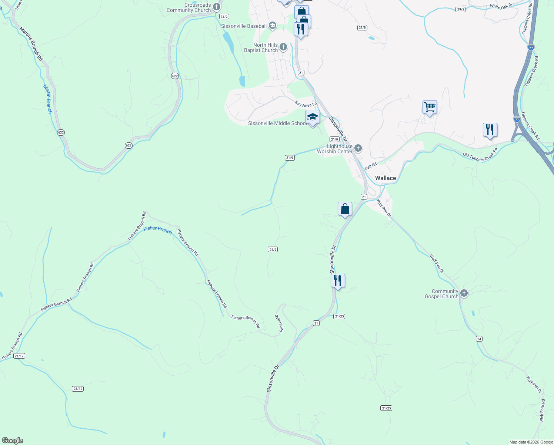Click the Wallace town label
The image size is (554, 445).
tap(386, 178)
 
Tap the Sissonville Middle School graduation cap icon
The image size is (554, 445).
tap(313, 117)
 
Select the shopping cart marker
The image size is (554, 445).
tap(430, 107)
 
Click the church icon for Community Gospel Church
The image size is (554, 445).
tap(464, 294)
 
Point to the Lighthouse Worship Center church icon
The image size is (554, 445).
tap(358, 148)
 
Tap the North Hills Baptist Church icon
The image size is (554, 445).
tap(283, 47)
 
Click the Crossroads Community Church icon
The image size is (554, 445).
tap(217, 7)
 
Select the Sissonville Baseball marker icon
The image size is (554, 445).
tap(273, 26)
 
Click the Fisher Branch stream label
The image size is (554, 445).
tap(158, 230)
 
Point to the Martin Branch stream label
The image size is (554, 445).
tap(48, 99)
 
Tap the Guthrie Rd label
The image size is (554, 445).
tap(279, 323)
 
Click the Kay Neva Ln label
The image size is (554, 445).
tap(306, 104)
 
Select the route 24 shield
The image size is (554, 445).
tap(479, 339)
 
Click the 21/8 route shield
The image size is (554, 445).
tap(362, 27)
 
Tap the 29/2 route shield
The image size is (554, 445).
tap(460, 9)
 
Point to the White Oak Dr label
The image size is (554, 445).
tap(501, 6)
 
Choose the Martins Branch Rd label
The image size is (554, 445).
tap(31, 44)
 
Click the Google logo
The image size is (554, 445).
tap(12, 441)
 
